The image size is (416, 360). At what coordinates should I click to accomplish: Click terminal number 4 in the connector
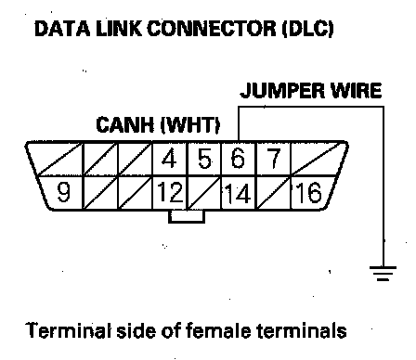point(169,159)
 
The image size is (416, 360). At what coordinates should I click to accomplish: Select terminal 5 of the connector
point(204,159)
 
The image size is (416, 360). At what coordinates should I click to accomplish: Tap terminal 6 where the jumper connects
point(238,159)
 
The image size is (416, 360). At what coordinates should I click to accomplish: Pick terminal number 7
point(273,159)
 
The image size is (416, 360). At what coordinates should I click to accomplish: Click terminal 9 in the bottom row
point(64,192)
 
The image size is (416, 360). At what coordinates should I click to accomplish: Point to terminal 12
point(170,192)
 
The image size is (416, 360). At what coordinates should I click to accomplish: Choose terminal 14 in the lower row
point(237,193)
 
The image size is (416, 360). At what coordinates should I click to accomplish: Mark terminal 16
point(308,192)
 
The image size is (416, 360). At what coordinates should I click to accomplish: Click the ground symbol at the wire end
point(383,273)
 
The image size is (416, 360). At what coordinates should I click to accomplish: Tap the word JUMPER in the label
point(282,91)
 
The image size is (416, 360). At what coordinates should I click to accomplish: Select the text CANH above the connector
point(125,124)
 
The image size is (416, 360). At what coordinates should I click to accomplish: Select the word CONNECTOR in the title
point(212,29)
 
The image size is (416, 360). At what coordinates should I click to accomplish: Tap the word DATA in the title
point(62,29)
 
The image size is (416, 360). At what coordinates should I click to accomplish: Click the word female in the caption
point(218,330)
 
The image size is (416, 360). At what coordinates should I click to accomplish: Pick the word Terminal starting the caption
point(69,330)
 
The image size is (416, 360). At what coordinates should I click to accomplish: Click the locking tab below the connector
point(187,216)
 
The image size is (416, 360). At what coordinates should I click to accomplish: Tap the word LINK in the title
point(119,29)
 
